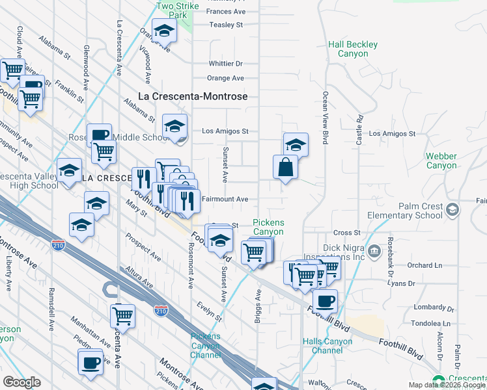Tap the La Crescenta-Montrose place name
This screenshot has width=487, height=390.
tap(193, 96)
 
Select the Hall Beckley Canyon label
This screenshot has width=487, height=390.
tap(353, 49)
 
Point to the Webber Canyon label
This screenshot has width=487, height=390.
tap(441, 161)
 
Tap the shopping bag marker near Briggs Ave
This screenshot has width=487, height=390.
tap(286, 167)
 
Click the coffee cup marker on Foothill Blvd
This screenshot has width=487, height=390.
tap(325, 301)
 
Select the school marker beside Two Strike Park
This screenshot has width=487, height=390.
tap(165, 30)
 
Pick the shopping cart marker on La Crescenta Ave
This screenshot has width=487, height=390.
tap(122, 316)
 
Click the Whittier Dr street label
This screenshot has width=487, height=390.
tap(225, 64)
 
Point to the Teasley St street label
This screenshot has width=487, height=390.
tap(225, 25)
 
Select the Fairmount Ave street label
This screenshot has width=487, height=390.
tap(225, 199)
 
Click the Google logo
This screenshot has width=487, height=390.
tap(21, 382)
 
